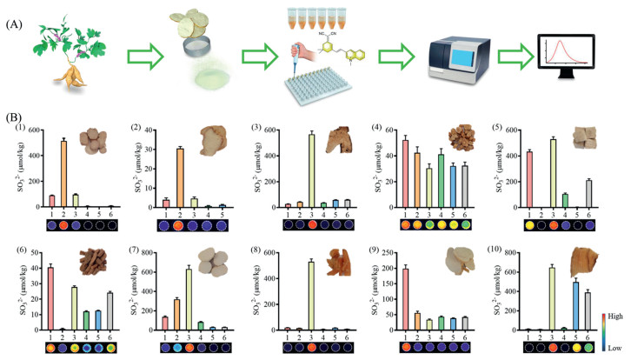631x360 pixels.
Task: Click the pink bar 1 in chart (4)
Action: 427,174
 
